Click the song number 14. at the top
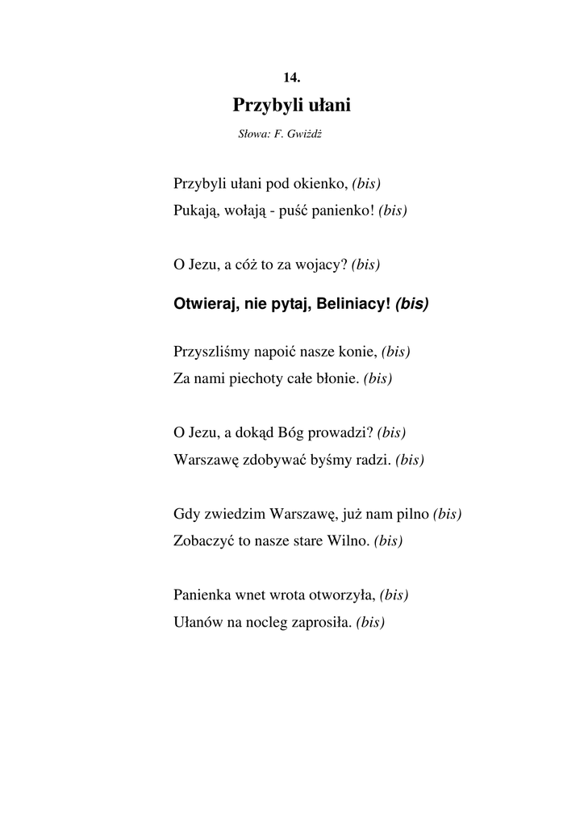[x=292, y=77]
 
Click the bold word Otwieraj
[x=201, y=304]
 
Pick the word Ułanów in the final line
[x=195, y=623]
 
